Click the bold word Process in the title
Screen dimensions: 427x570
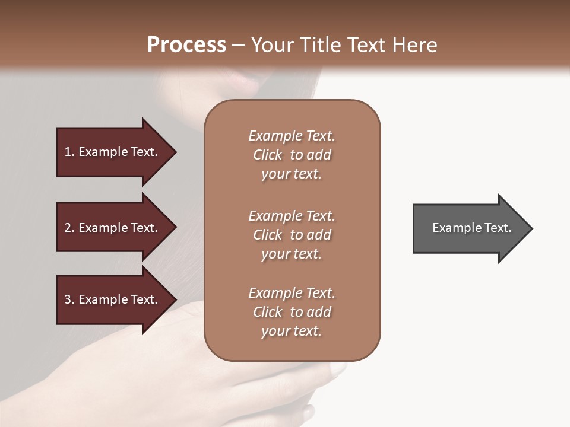(x=186, y=45)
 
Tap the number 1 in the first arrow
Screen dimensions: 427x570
(x=68, y=152)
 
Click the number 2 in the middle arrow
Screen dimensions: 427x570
(x=68, y=228)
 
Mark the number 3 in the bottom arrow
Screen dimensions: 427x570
(x=68, y=299)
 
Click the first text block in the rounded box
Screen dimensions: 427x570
(x=292, y=155)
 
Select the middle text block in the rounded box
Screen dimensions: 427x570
(x=292, y=235)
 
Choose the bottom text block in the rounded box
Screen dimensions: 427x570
(x=292, y=312)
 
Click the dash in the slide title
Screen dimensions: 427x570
(x=239, y=46)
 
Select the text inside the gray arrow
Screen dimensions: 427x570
(x=471, y=228)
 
